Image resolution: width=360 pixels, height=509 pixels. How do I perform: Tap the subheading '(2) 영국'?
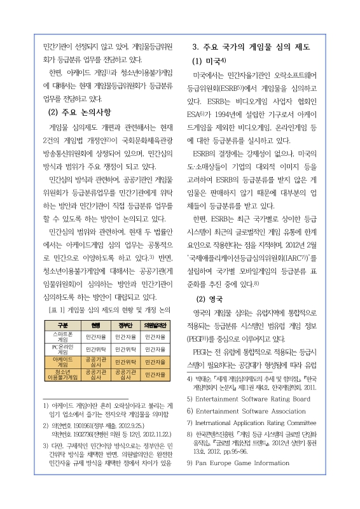[209, 297]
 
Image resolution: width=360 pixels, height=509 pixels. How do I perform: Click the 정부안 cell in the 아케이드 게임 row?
[125, 361]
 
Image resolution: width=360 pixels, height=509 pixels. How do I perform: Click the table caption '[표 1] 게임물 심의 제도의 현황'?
[109, 309]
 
